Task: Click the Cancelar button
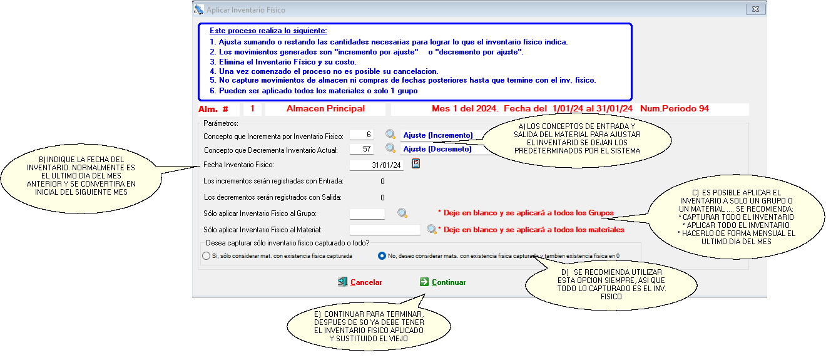360,282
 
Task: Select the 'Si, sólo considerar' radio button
206,256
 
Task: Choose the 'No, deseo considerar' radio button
382,256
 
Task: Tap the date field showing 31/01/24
377,165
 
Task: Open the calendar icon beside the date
416,164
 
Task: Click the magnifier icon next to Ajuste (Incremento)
390,134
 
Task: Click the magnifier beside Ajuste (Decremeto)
390,148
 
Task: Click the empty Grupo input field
367,214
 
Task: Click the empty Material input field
385,230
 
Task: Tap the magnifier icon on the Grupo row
403,213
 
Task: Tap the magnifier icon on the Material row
431,230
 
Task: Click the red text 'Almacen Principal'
325,109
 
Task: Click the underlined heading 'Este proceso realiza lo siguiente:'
268,31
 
